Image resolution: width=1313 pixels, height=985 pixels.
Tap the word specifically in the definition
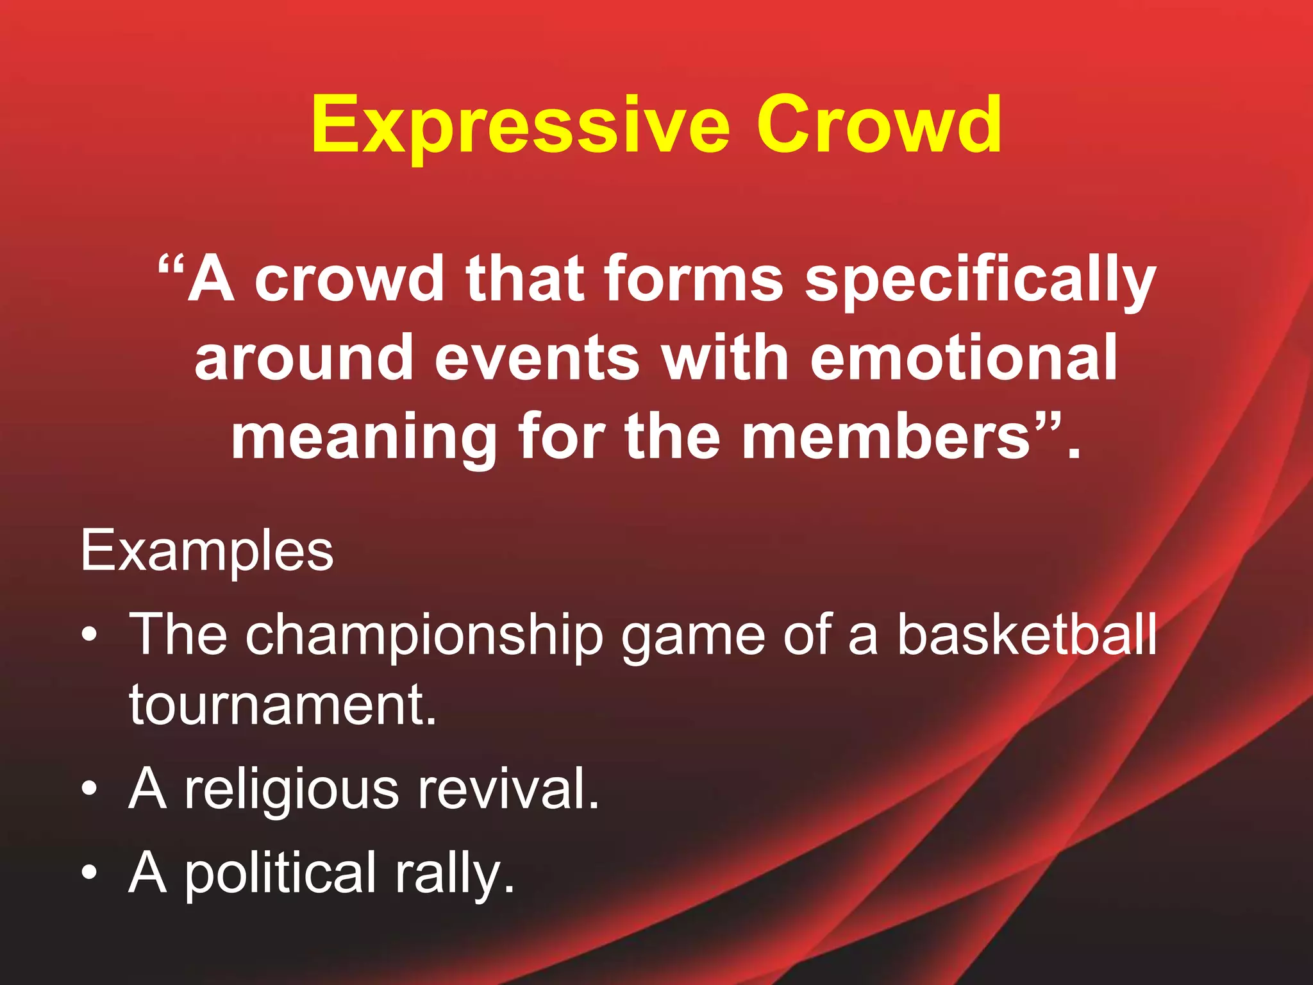pyautogui.click(x=980, y=280)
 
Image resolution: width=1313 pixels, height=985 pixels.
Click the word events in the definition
pyautogui.click(x=537, y=358)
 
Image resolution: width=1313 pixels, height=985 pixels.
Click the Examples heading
pyautogui.click(x=207, y=551)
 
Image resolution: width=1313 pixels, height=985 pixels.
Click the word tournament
pyautogui.click(x=282, y=705)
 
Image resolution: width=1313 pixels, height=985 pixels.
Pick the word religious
pyautogui.click(x=292, y=790)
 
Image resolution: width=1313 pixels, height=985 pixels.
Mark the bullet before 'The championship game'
pyautogui.click(x=90, y=635)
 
